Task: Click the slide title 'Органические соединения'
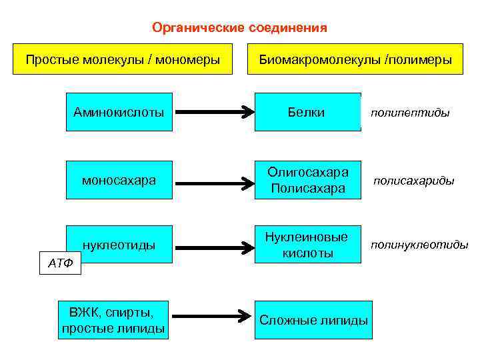(239, 27)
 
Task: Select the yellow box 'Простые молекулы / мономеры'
(123, 60)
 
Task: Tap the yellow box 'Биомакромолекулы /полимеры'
(356, 60)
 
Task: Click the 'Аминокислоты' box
(119, 112)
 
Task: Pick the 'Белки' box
(307, 112)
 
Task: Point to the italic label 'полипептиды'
(410, 113)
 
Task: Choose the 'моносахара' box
(119, 180)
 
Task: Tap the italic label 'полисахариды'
(413, 181)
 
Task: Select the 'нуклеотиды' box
(119, 245)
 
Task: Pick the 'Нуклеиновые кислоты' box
(307, 245)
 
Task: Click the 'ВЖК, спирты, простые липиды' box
(113, 319)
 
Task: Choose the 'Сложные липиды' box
(313, 320)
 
